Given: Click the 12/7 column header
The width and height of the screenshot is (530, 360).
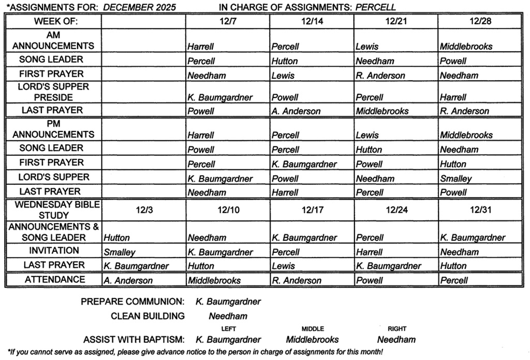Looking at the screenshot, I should coord(228,21).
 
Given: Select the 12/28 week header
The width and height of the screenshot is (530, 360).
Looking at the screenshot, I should coord(480,21).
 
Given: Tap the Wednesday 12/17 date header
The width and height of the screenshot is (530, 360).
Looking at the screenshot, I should coord(312,210).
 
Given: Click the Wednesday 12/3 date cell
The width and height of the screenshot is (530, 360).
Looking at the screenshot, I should coord(143,210).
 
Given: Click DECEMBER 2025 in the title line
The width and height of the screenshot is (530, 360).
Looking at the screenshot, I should coord(140,7).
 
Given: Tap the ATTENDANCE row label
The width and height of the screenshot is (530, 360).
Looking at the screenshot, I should coord(55,280).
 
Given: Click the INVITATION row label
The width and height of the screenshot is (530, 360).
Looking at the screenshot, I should coord(54,251).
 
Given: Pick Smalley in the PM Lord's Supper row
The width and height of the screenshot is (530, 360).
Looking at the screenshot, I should coord(456,179).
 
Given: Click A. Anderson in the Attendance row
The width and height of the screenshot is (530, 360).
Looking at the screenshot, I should coord(128,281).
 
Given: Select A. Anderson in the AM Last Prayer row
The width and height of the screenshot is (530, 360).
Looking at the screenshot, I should coord(296,111).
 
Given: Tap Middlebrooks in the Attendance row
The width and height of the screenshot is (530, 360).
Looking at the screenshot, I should coord(214,281).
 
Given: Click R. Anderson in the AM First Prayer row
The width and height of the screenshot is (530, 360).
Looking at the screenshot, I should coord(380,76).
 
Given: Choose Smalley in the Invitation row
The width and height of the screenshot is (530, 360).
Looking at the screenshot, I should coord(119,252).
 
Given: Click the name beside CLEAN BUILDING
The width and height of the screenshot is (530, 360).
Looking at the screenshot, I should coord(228,316).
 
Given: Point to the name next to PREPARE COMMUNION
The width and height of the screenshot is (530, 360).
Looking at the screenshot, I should coord(228,301).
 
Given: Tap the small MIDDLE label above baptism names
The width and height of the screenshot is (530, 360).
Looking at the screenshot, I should coord(313,329).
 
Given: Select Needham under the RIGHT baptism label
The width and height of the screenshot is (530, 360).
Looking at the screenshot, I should coord(396,340).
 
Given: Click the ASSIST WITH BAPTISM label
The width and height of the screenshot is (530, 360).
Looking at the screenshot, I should coord(134,340).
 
